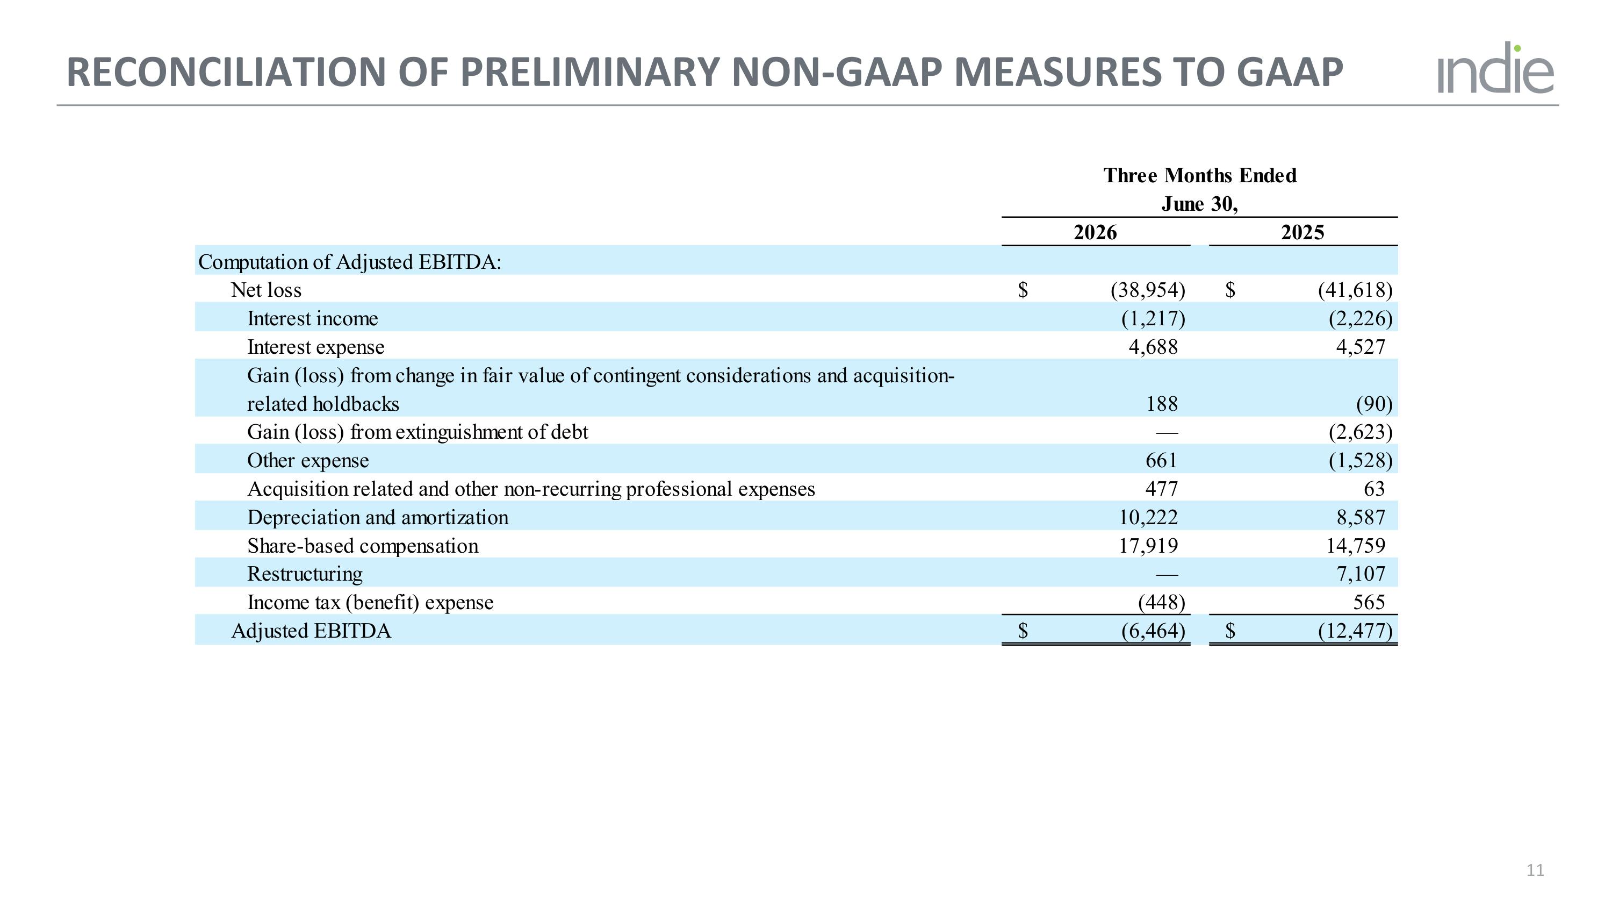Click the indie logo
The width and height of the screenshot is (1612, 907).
[1495, 68]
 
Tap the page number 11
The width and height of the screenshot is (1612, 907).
[1535, 870]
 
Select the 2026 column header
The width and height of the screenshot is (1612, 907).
[1095, 232]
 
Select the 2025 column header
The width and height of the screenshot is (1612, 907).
[1302, 232]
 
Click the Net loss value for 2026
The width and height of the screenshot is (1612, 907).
[1148, 290]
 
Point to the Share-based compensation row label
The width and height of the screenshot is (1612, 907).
[363, 546]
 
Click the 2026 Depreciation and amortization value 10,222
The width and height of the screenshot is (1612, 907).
[1148, 517]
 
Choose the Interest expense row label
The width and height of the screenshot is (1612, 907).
[316, 347]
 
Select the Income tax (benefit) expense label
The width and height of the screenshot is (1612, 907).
[370, 602]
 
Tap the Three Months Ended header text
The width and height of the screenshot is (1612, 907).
[1200, 175]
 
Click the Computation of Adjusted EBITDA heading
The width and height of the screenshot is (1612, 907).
[350, 262]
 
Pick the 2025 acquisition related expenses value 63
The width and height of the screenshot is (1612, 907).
[1374, 489]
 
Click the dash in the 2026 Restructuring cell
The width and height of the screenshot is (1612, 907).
[1167, 574]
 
